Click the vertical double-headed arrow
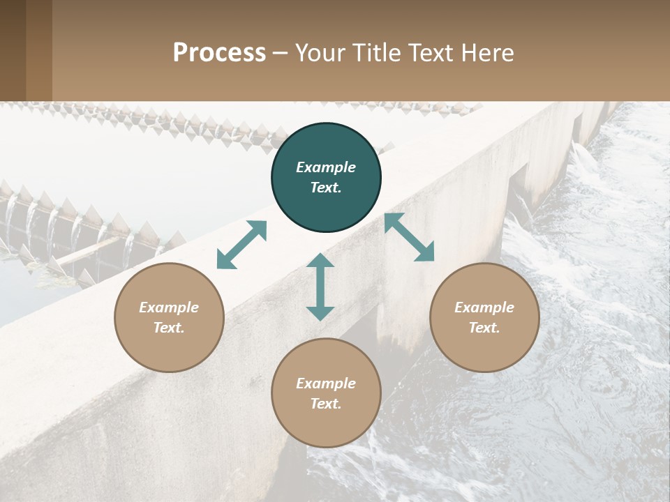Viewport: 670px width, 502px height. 320,287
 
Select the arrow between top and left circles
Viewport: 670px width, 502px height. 241,245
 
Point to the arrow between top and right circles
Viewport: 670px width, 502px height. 409,237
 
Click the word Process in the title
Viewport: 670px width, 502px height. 219,52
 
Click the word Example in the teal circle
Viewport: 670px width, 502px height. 326,167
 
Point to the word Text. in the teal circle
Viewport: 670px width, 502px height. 326,188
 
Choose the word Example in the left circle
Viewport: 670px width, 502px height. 169,307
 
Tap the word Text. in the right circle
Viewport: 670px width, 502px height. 484,328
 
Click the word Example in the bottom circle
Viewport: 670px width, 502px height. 326,383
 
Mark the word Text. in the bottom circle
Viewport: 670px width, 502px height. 326,404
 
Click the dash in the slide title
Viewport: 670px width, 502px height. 281,54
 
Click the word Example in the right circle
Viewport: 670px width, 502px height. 484,307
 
